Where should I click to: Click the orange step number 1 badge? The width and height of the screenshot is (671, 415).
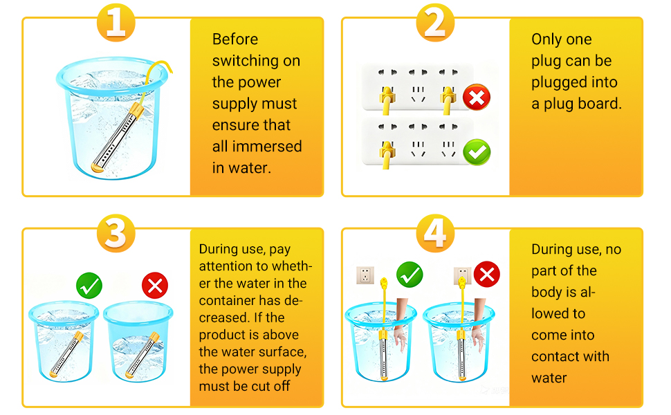pyautogui.click(x=116, y=22)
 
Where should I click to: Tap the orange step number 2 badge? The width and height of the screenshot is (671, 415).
pyautogui.click(x=435, y=22)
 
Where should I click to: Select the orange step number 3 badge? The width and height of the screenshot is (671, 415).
pyautogui.click(x=116, y=233)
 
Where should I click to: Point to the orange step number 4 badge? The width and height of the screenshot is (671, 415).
pyautogui.click(x=435, y=233)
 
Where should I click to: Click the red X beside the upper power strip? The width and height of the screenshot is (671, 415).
pyautogui.click(x=477, y=97)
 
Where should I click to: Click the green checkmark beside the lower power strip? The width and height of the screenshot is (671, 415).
pyautogui.click(x=477, y=152)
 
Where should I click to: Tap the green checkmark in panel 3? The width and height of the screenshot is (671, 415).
pyautogui.click(x=89, y=286)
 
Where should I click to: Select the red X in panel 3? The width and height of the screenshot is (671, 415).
pyautogui.click(x=155, y=286)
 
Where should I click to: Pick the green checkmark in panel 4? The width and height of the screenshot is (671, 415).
pyautogui.click(x=410, y=275)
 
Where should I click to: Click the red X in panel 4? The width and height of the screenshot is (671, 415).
pyautogui.click(x=486, y=274)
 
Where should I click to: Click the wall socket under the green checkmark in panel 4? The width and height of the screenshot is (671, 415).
pyautogui.click(x=365, y=275)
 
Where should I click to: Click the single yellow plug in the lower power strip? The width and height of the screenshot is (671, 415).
pyautogui.click(x=387, y=154)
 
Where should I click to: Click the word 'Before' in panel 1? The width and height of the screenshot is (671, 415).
pyautogui.click(x=235, y=39)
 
